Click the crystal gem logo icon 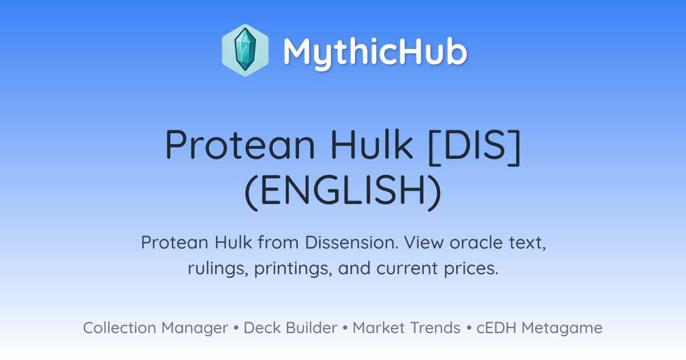pos(245,50)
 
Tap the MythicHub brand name pos(375,51)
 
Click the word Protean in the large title pos(240,144)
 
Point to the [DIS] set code pos(474,147)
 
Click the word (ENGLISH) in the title pos(342,192)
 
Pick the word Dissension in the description pos(352,242)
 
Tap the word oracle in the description pos(476,243)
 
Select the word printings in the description pos(293,269)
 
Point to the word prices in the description pos(471,269)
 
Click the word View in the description pos(424,242)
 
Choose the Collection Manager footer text pos(155,328)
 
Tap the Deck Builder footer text pos(290,327)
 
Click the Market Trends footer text pos(406,327)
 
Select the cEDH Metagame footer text pos(539,328)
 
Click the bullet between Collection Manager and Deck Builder pos(236,328)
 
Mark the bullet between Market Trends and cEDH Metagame pos(469,328)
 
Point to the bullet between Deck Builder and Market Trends pos(345,328)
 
